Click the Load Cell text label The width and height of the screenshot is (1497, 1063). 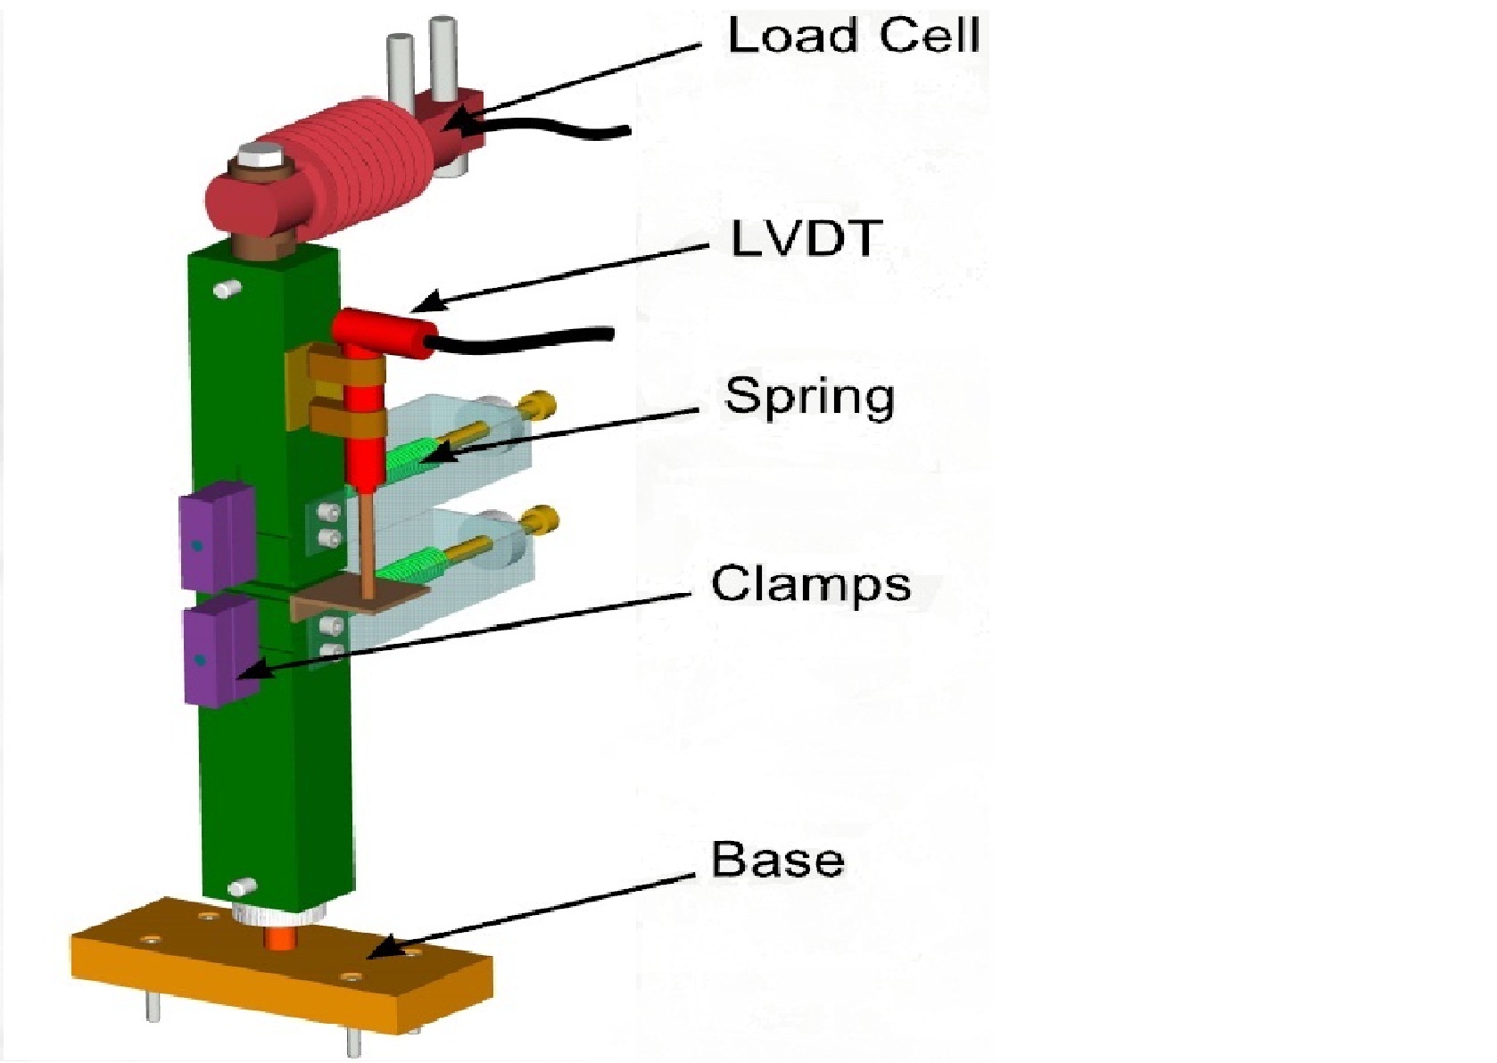pos(853,37)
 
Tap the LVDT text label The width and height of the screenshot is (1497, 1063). pos(806,238)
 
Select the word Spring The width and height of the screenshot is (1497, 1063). pos(809,397)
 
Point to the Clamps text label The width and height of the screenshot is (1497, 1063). pos(810,585)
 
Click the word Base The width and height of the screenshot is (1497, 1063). pos(777,860)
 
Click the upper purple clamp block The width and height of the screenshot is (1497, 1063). pos(214,535)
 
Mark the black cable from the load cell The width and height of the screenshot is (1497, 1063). pos(553,130)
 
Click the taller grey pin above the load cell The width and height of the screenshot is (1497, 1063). pos(442,54)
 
